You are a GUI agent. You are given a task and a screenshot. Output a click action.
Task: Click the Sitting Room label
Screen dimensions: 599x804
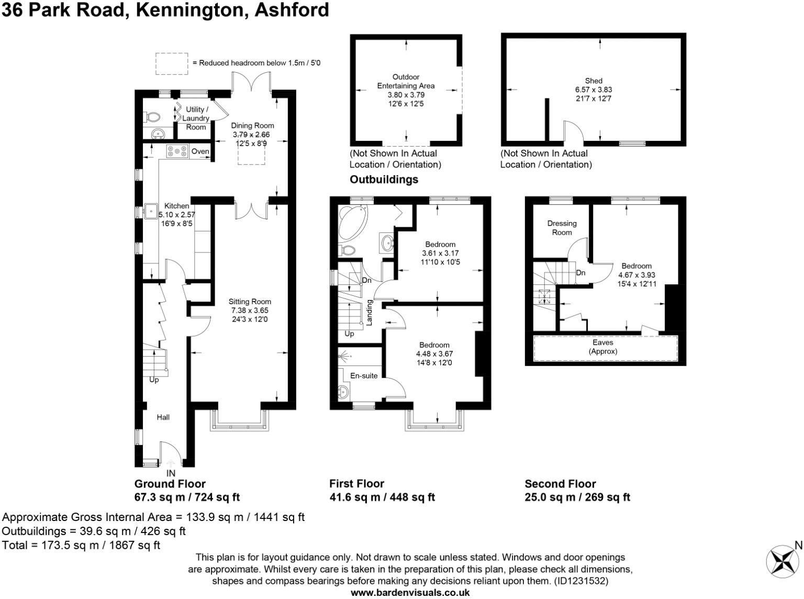250,302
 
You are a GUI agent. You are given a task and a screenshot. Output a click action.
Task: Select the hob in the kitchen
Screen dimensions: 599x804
177,151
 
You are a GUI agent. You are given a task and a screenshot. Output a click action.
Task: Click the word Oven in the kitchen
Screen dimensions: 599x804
200,151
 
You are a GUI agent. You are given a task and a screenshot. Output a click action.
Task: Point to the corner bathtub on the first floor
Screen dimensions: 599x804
352,222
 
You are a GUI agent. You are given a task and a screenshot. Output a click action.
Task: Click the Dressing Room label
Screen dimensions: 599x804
562,228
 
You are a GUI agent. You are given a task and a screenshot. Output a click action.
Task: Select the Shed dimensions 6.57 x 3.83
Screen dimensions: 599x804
594,90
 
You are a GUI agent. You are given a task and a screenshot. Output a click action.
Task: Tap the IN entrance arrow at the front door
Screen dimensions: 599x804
171,463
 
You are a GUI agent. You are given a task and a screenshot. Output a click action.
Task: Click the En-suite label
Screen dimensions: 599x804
364,375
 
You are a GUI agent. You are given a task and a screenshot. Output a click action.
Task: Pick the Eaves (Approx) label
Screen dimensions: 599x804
603,347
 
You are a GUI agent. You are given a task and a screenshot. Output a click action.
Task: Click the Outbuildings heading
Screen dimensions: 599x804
384,179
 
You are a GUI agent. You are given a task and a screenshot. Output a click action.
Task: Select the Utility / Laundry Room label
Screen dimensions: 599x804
196,118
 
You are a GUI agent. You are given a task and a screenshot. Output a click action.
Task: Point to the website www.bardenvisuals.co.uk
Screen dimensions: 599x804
410,593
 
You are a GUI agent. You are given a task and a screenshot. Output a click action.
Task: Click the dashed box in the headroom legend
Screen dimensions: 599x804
172,63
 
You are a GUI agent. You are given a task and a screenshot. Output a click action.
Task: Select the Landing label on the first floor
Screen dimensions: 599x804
370,312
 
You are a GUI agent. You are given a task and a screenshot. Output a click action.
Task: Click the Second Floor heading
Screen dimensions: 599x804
560,484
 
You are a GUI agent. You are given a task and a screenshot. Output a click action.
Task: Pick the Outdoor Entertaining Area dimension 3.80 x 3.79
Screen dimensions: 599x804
406,95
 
